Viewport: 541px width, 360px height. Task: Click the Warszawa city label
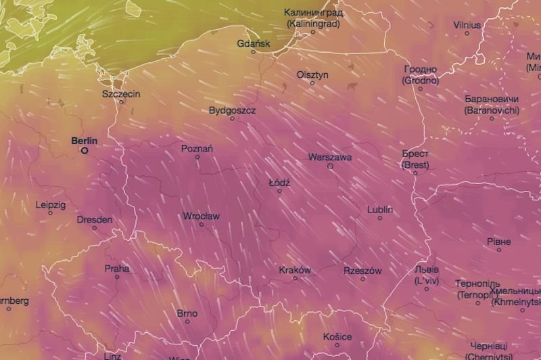(330, 157)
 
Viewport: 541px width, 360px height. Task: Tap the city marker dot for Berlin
(85, 151)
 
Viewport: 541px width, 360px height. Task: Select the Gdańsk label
(254, 43)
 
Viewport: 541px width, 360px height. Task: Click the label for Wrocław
(201, 217)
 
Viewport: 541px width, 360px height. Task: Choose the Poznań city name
(197, 148)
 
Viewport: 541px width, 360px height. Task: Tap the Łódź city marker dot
(279, 191)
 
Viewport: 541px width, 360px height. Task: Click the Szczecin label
(121, 93)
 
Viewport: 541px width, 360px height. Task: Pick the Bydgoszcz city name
(232, 110)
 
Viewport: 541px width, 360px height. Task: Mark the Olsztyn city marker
(312, 83)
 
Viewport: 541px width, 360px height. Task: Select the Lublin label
(380, 210)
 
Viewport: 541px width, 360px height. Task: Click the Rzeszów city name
(362, 271)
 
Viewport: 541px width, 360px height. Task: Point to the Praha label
(116, 269)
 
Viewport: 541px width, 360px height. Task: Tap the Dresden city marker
(95, 228)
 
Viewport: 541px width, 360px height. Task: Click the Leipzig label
(51, 204)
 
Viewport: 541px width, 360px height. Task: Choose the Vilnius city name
(467, 25)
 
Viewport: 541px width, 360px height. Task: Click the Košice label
(337, 336)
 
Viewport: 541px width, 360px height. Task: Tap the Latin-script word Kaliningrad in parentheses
(313, 23)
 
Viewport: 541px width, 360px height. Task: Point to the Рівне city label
(499, 242)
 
